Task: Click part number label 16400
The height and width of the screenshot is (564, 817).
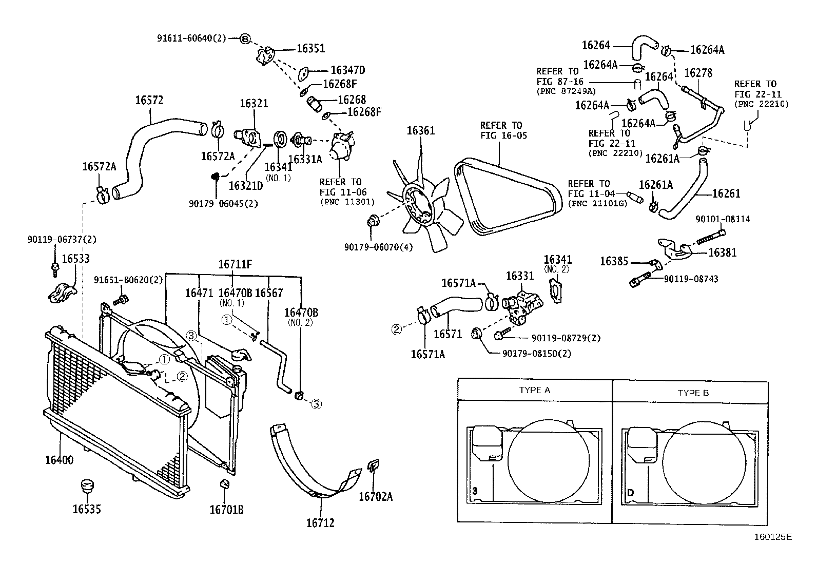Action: point(59,460)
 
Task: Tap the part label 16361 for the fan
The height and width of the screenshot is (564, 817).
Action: point(420,130)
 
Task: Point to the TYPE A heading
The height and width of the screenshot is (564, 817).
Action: point(534,390)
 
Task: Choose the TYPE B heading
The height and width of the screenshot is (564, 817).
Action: point(693,393)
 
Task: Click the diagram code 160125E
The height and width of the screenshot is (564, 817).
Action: point(773,537)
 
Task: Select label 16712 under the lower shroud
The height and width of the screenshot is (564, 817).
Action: point(320,523)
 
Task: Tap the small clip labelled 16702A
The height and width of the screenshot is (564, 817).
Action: point(372,466)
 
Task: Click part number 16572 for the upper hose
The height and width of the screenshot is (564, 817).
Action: point(149,100)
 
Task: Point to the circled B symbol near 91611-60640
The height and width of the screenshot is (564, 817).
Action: point(245,38)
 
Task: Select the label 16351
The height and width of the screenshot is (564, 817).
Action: point(311,49)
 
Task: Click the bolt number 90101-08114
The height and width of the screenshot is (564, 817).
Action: point(723,219)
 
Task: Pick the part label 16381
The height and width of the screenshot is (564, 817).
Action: point(723,252)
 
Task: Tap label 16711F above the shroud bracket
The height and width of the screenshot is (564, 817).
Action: point(235,264)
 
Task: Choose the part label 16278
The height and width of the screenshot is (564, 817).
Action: point(698,73)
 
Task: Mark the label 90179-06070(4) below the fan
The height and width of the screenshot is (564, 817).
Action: point(379,247)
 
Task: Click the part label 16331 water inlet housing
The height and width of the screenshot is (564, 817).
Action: point(520,276)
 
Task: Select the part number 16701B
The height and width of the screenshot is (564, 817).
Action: point(226,510)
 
